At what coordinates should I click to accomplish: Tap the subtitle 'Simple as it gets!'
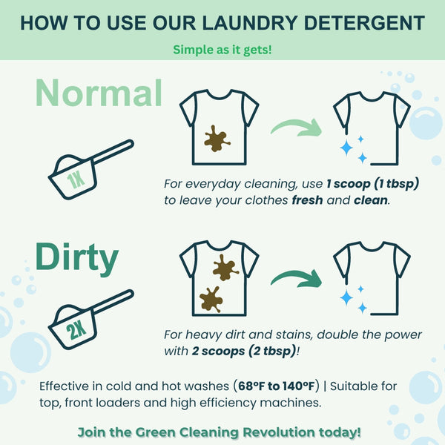222,50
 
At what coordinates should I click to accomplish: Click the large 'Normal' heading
99,93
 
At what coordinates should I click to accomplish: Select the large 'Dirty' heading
76,257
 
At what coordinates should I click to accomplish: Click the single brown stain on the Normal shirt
217,138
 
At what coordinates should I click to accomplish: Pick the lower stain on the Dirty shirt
211,299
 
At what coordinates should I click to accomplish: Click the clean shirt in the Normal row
371,126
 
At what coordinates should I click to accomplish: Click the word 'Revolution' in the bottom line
274,432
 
